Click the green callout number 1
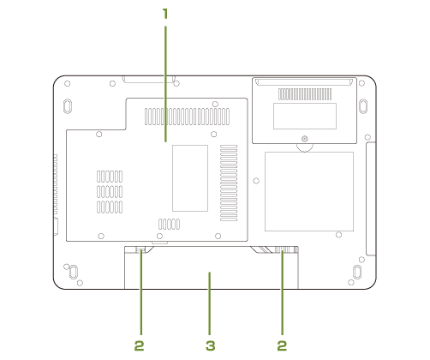coord(165,14)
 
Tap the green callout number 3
coord(211,346)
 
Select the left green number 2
coord(139,346)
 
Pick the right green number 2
coord(282,346)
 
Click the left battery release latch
coord(140,250)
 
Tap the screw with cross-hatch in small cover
coord(305,139)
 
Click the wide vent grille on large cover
coord(187,117)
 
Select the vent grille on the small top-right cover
coord(305,94)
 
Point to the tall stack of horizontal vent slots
coord(229,183)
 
